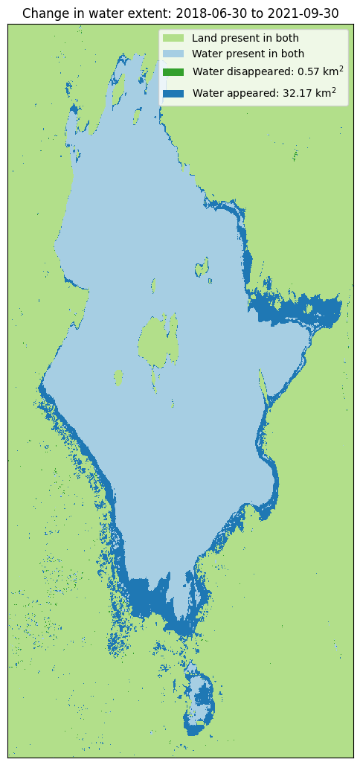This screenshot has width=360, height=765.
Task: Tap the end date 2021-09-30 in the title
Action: point(301,13)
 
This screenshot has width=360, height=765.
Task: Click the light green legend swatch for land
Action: point(173,38)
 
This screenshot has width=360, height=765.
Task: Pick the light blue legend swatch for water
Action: point(173,54)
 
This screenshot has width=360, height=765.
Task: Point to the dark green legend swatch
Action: point(173,72)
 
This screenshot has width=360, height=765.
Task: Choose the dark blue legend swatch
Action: point(173,93)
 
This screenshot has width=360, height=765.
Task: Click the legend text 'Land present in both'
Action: point(245,38)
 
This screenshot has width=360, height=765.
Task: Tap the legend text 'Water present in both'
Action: point(248,54)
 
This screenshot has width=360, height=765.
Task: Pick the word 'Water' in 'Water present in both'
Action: point(206,54)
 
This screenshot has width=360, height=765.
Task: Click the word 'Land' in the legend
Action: point(204,38)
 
